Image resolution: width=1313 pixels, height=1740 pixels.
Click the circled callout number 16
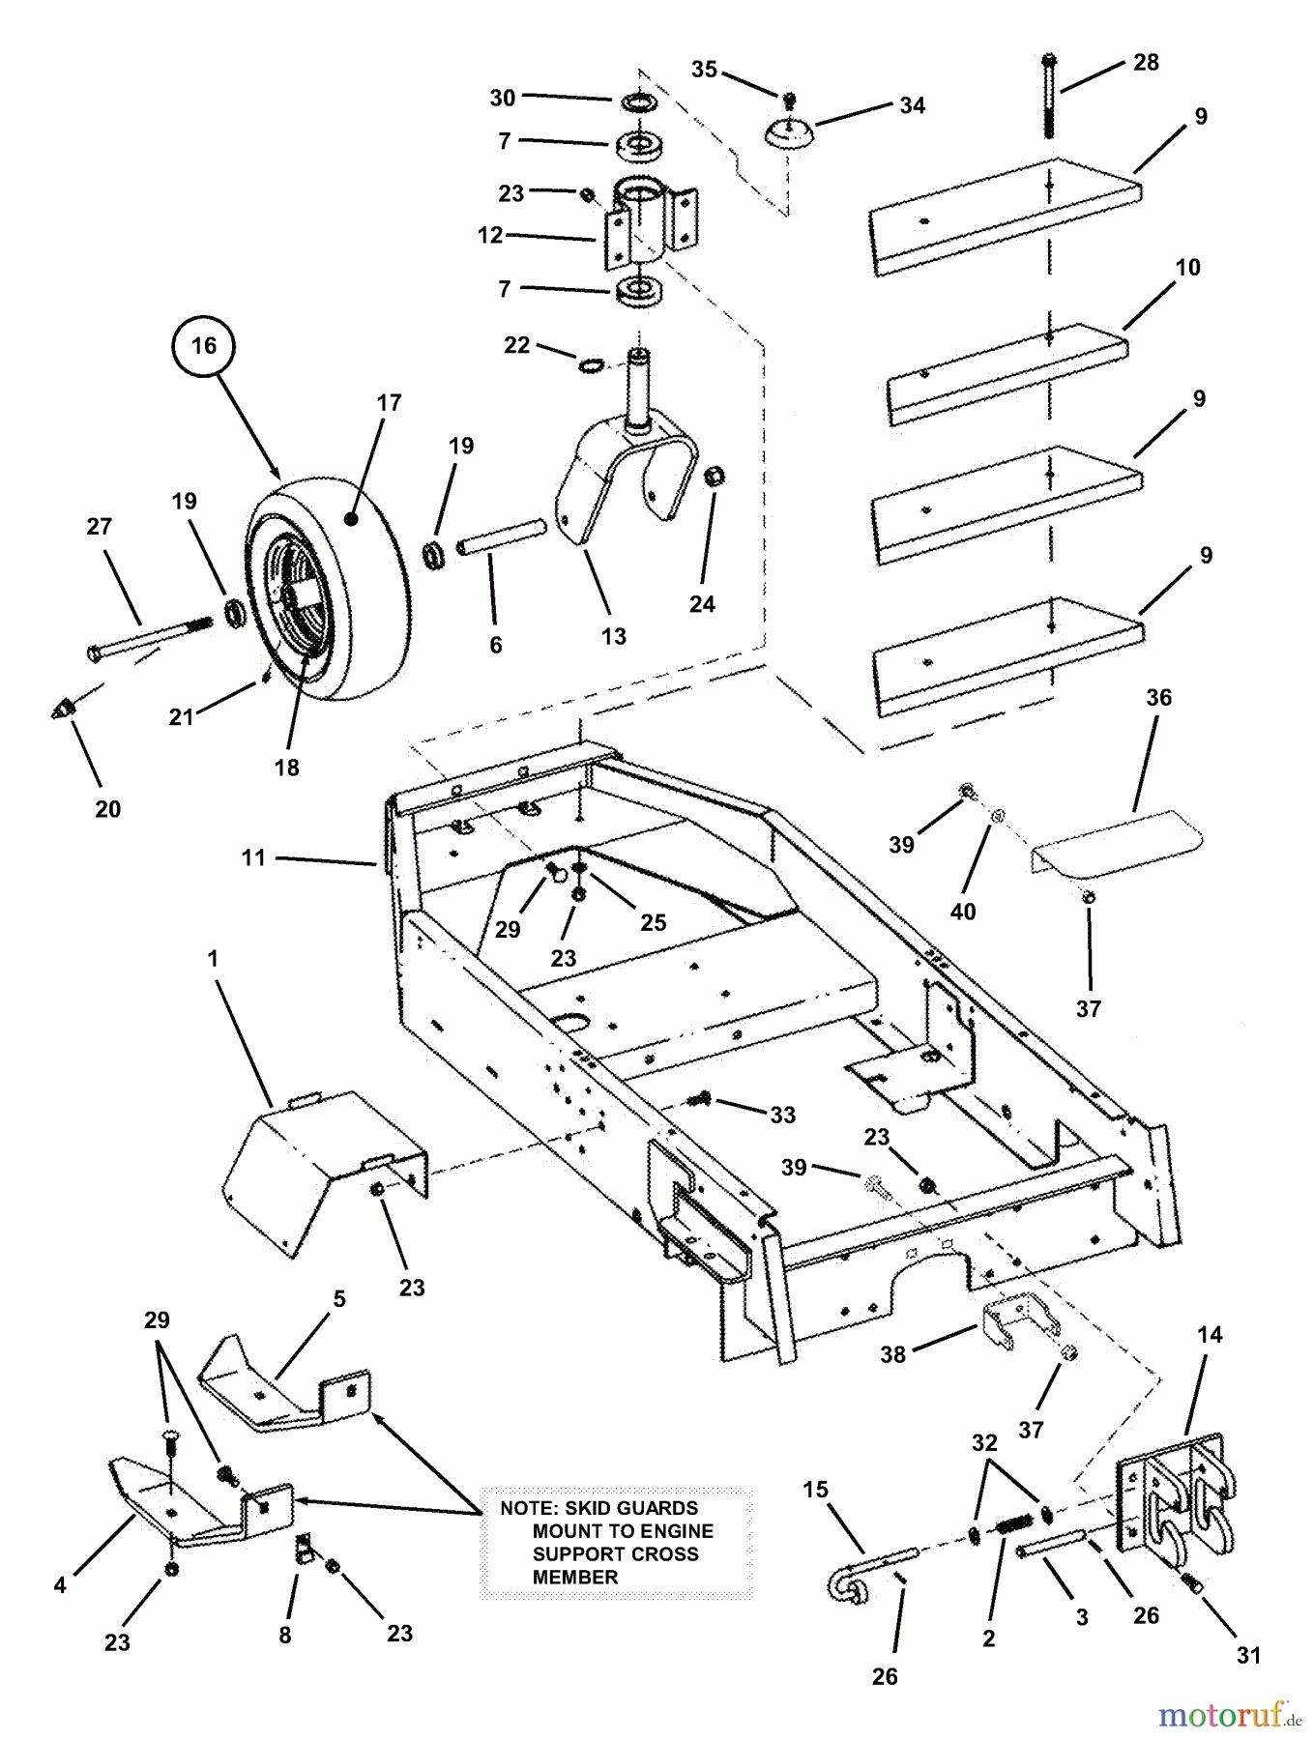coord(204,346)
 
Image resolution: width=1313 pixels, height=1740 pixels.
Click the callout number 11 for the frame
coord(253,857)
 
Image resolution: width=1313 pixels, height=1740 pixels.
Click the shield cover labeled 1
coord(319,1170)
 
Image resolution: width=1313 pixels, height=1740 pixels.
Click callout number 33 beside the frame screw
coord(782,1115)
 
